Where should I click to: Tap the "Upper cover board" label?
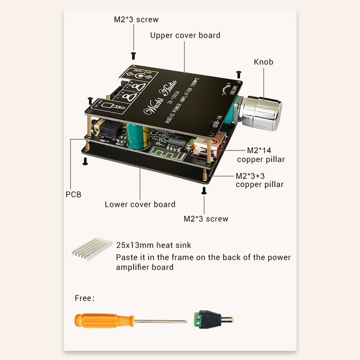[185, 35]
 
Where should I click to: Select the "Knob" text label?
[263, 62]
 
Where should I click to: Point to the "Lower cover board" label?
[140, 204]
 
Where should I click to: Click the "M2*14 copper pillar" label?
[261, 155]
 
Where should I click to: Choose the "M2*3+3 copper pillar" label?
[260, 180]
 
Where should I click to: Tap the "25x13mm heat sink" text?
[153, 245]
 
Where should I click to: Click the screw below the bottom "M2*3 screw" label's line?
[204, 191]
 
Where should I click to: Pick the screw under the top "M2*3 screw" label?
[133, 55]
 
